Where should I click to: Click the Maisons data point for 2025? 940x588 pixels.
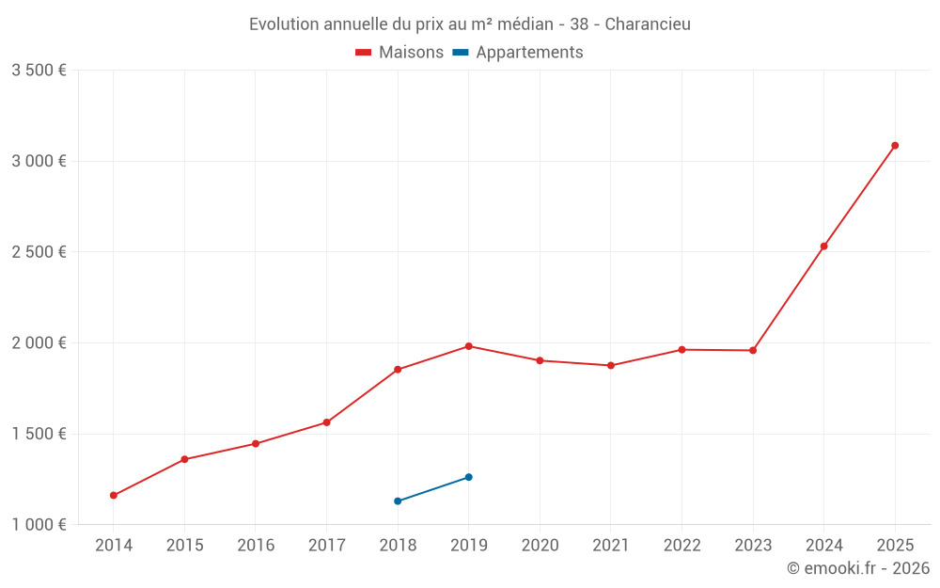895,146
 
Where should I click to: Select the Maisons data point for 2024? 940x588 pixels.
824,246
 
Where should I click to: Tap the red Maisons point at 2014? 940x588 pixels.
114,496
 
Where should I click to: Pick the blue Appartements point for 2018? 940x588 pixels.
398,501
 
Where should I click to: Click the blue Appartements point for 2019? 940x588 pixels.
469,477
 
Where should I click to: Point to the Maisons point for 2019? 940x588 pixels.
469,346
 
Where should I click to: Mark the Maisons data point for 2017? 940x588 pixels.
326,422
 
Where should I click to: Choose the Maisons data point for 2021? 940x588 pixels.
611,365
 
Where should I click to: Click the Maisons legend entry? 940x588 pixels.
399,53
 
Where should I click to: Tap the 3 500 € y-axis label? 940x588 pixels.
39,71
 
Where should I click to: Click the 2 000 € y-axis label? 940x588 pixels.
39,343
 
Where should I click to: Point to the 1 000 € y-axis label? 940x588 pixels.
39,525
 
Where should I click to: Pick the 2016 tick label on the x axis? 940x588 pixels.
256,546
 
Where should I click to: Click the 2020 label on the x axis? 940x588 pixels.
540,546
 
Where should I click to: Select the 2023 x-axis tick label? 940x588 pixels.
753,546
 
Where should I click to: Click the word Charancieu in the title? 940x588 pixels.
648,24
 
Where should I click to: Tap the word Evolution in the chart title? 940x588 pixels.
284,24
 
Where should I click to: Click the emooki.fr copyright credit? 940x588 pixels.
858,568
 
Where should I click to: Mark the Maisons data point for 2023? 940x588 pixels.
753,351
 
